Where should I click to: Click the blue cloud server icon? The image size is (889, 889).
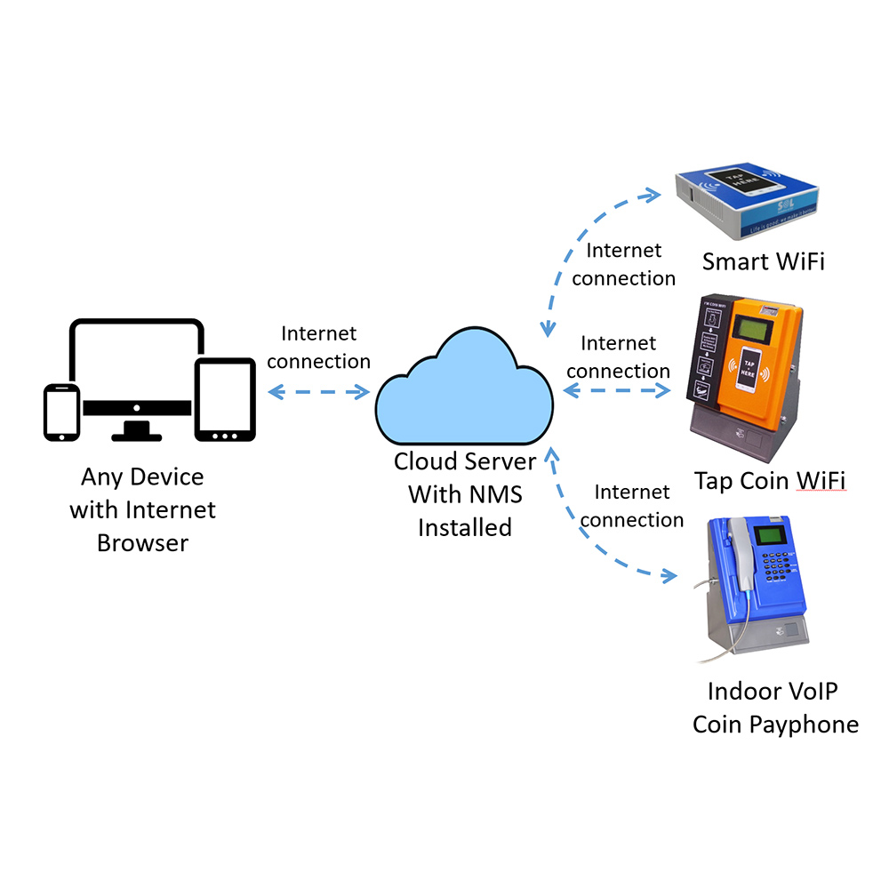click(x=464, y=391)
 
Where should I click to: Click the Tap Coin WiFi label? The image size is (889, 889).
click(x=770, y=480)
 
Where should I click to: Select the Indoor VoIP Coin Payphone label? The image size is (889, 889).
click(x=775, y=708)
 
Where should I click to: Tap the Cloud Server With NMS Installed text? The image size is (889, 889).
click(x=465, y=494)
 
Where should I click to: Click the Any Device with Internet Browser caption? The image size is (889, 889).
click(x=142, y=509)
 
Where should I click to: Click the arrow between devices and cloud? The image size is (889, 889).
click(x=319, y=391)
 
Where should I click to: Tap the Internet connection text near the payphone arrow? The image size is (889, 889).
click(x=631, y=506)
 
